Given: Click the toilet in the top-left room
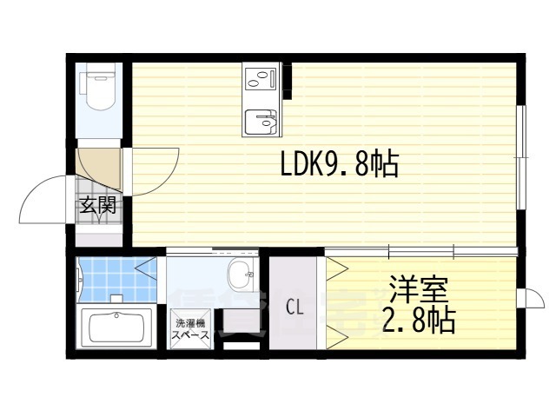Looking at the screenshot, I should coord(96,88).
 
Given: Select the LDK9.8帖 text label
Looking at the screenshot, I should coord(339,162).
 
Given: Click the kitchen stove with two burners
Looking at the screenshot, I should coord(261,79).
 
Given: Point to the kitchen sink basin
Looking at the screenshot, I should coord(260,122).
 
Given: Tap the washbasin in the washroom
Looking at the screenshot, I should coord(241,277).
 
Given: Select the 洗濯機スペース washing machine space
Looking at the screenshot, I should coord(188,328).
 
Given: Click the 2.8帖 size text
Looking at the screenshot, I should coord(416,321).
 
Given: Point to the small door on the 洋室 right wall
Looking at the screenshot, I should coord(525,298).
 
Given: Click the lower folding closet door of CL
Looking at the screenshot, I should coord(334,334).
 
